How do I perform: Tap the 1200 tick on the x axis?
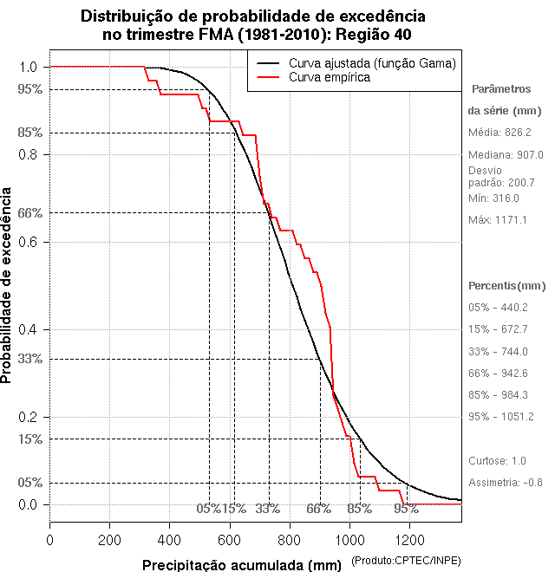pyautogui.click(x=408, y=539)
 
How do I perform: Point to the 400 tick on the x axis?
pyautogui.click(x=169, y=539)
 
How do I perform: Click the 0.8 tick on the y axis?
pyautogui.click(x=28, y=154)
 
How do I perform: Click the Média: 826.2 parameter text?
pyautogui.click(x=499, y=132)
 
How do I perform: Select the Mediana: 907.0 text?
pyautogui.click(x=506, y=154)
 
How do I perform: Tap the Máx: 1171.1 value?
pyautogui.click(x=498, y=220)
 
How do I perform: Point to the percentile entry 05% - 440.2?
pyautogui.click(x=498, y=308)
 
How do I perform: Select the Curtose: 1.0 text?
pyautogui.click(x=497, y=460)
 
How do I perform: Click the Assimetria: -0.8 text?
pyautogui.click(x=505, y=482)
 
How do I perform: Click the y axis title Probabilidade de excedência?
pyautogui.click(x=8, y=285)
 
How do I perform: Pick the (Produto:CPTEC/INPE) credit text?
pyautogui.click(x=406, y=562)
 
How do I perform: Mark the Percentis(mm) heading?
pyautogui.click(x=507, y=285)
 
